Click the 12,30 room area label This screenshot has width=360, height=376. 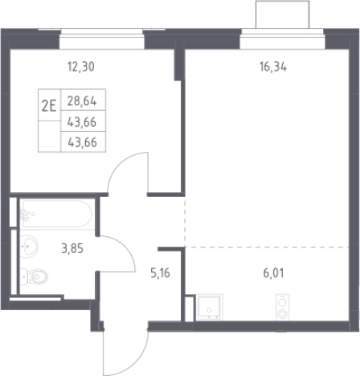click(x=81, y=67)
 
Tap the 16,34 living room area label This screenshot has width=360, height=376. click(x=273, y=67)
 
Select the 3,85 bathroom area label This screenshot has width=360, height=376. click(x=72, y=248)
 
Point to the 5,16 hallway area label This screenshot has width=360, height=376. click(x=160, y=273)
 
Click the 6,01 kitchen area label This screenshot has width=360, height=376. click(x=273, y=273)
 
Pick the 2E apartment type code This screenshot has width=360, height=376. click(x=49, y=106)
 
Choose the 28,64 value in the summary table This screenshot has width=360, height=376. click(x=82, y=101)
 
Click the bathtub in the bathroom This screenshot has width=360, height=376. click(x=57, y=214)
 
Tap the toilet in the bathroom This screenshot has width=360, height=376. click(x=34, y=276)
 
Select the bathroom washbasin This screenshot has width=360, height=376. click(x=29, y=246)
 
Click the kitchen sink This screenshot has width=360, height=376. click(x=209, y=307)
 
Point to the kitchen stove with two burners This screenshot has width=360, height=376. click(x=283, y=307)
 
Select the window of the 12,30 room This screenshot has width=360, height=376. click(x=102, y=39)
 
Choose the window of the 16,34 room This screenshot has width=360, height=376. click(x=282, y=39)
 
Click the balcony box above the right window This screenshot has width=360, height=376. click(x=283, y=14)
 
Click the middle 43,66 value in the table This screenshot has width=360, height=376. click(x=82, y=122)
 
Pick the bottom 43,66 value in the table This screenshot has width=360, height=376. click(x=82, y=142)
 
